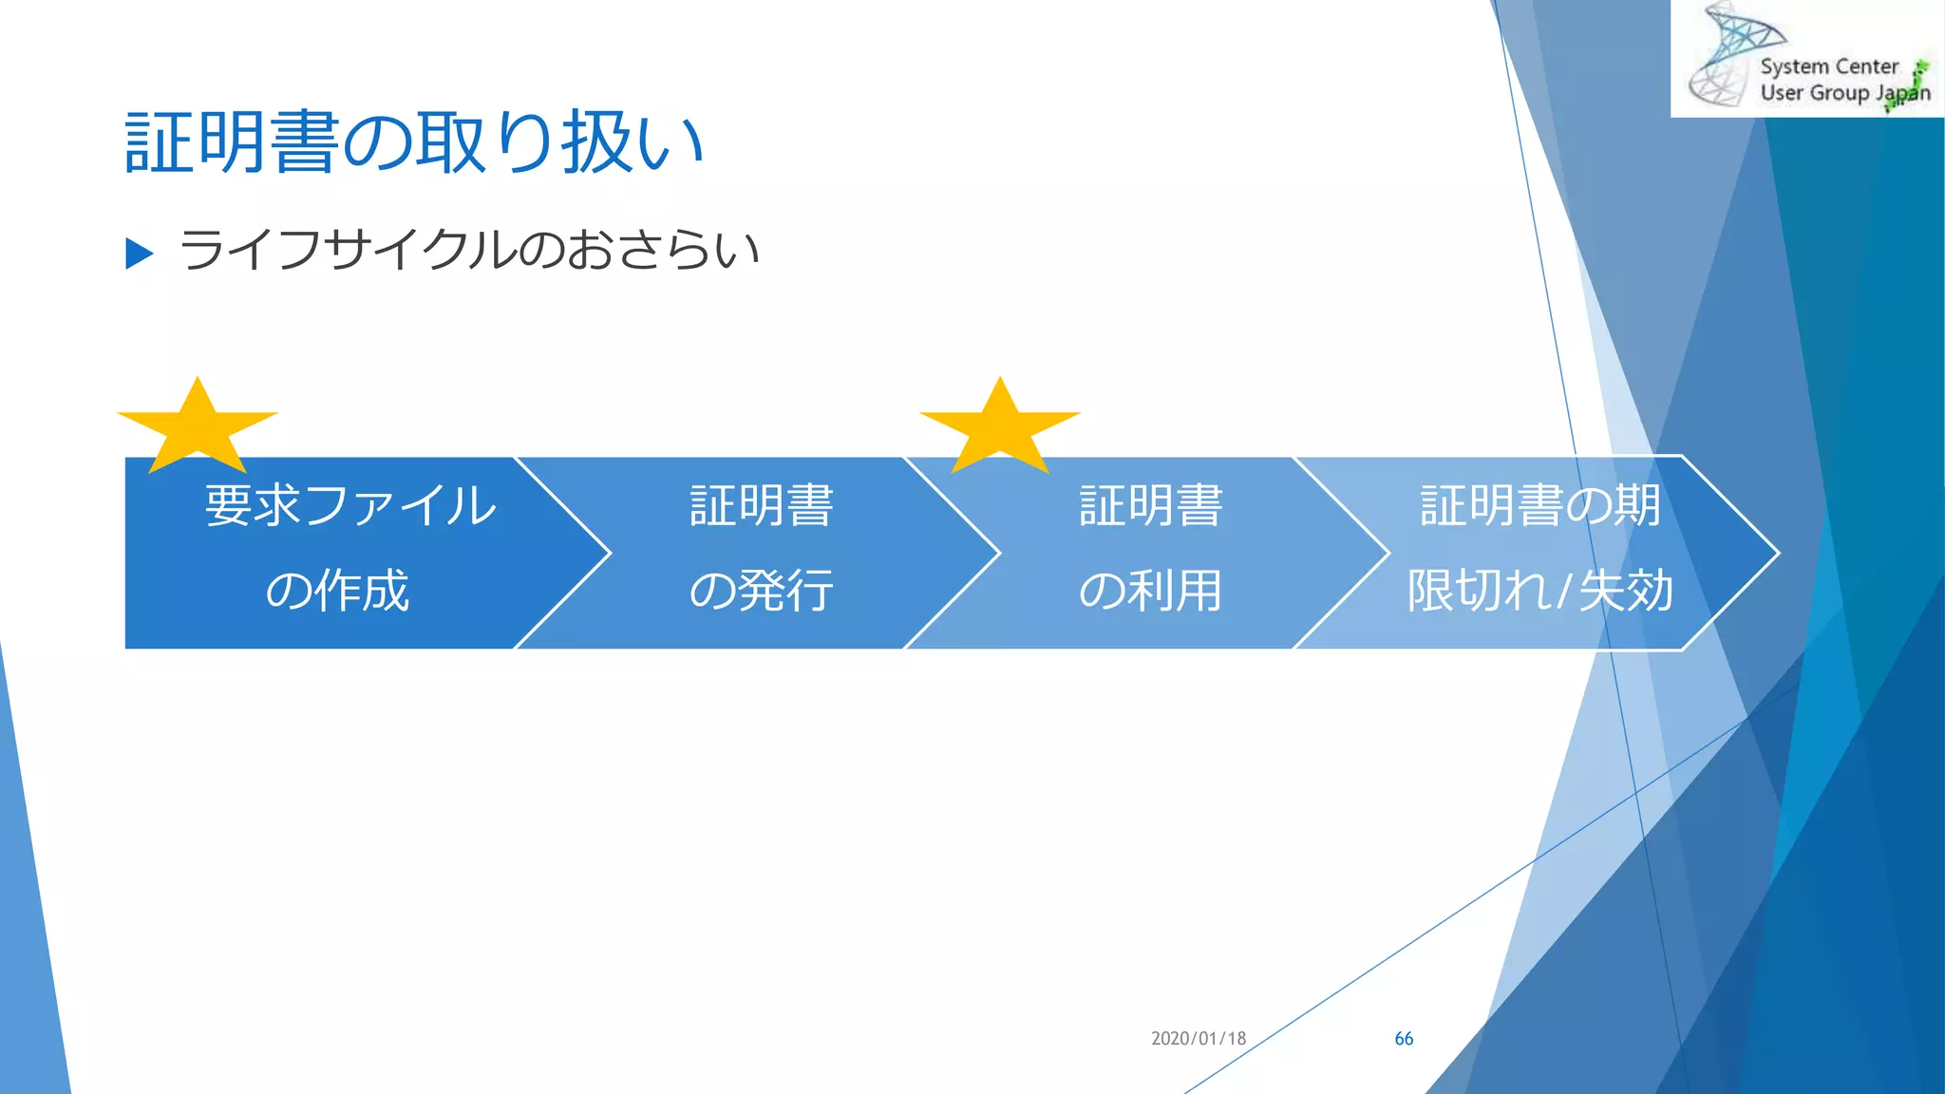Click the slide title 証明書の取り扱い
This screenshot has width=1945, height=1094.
414,142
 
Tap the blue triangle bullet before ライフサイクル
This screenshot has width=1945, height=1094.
139,253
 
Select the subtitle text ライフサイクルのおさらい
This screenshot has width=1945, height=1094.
469,250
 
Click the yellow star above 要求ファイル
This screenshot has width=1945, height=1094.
198,427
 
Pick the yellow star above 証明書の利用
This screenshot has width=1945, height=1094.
1000,427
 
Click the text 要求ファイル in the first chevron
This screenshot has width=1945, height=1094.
350,505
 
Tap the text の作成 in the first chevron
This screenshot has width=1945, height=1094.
337,591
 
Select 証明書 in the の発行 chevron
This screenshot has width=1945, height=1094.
762,505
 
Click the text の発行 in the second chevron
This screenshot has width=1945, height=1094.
762,591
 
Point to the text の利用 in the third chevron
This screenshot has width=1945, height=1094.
1150,591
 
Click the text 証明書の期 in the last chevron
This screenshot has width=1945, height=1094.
1539,505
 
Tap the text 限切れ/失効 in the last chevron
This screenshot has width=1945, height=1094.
1539,591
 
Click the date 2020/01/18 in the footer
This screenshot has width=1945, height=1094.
1198,1038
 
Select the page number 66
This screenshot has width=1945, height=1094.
1404,1039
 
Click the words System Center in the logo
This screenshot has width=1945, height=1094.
1828,66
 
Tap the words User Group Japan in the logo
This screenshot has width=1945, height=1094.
1844,93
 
